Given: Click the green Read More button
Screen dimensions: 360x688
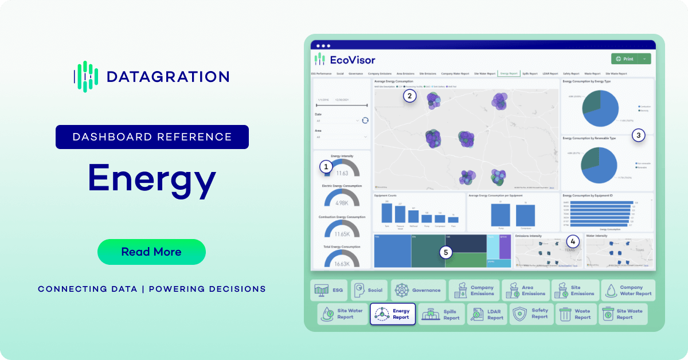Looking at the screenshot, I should pyautogui.click(x=151, y=252).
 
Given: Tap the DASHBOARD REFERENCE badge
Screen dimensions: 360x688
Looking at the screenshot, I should pyautogui.click(x=152, y=137).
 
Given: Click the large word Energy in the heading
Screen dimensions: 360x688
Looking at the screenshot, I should pyautogui.click(x=152, y=178).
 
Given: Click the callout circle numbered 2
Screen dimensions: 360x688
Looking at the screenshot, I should pyautogui.click(x=409, y=96).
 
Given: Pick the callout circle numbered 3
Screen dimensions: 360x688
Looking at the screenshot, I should pyautogui.click(x=638, y=135).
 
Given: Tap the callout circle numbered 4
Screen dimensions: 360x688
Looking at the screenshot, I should pyautogui.click(x=573, y=241).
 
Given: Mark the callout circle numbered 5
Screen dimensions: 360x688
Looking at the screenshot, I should pyautogui.click(x=447, y=252).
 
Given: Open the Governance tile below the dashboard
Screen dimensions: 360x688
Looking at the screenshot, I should pyautogui.click(x=418, y=290).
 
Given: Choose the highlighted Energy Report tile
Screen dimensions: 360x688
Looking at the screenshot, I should pyautogui.click(x=393, y=314).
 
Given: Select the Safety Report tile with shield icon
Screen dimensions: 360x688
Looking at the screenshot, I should pyautogui.click(x=531, y=314).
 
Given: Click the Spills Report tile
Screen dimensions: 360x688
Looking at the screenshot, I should pyautogui.click(x=441, y=314).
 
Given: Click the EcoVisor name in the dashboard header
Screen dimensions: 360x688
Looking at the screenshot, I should pyautogui.click(x=352, y=60).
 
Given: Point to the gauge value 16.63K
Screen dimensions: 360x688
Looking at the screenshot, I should pyautogui.click(x=342, y=264).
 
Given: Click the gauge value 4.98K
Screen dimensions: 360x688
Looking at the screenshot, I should pyautogui.click(x=342, y=202).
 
